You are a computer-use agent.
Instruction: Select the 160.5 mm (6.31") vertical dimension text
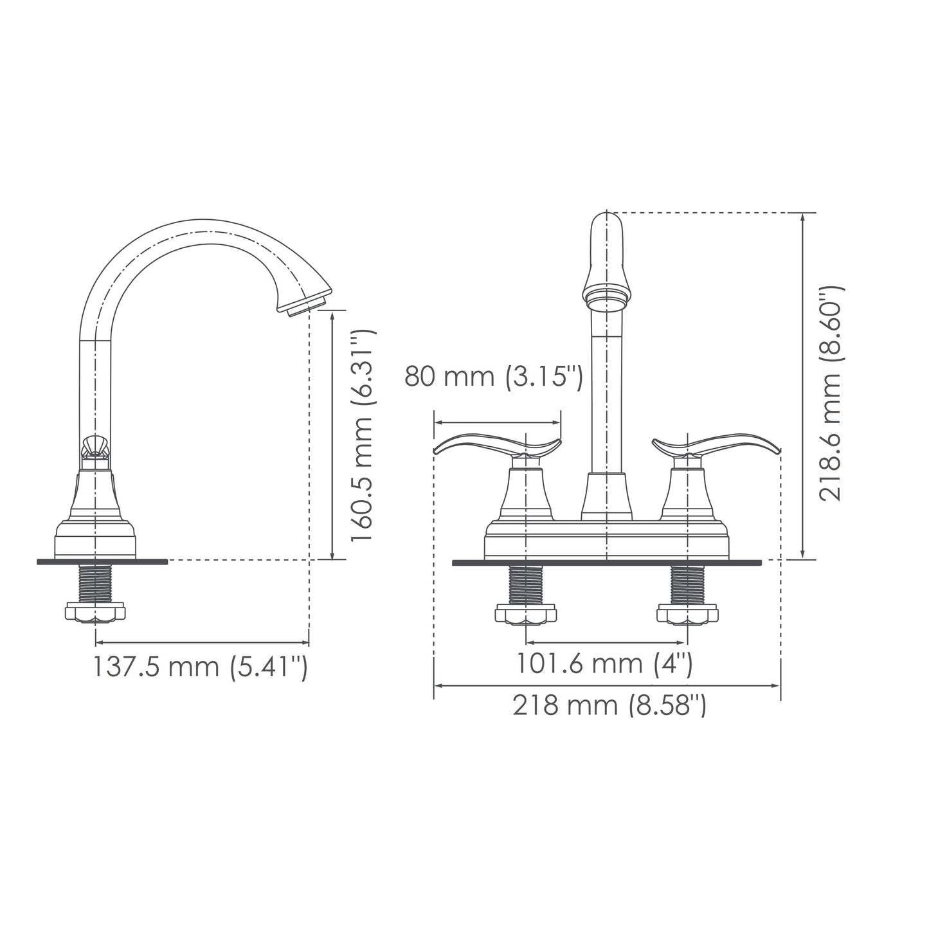click(363, 436)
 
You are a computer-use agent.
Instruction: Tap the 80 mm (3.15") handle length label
click(493, 377)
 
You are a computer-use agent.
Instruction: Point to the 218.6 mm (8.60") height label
click(831, 394)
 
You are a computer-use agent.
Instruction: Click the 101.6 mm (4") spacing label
click(604, 663)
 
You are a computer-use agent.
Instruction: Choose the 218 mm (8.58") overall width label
click(609, 706)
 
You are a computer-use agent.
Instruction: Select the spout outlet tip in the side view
click(307, 304)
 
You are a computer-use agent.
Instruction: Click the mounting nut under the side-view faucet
click(95, 612)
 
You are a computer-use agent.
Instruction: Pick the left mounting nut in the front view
click(526, 614)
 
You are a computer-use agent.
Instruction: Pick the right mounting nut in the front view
click(687, 614)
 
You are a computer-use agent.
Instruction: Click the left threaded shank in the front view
click(526, 584)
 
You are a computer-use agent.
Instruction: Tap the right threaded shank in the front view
click(687, 584)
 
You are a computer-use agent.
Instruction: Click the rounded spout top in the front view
click(607, 231)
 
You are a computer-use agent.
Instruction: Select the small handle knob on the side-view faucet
click(95, 445)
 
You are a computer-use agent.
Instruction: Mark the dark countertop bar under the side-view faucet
click(103, 561)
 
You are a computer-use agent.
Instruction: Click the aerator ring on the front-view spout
click(606, 298)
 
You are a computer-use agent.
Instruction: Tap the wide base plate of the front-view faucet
click(606, 540)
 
